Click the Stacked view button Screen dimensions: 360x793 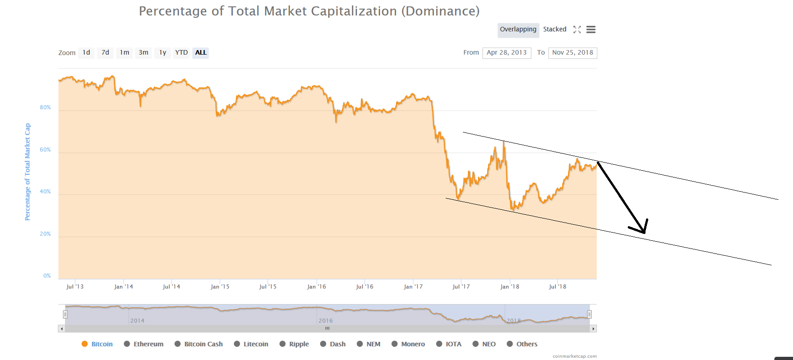coord(554,30)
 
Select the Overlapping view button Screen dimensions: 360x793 coord(518,30)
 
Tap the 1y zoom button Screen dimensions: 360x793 coord(163,53)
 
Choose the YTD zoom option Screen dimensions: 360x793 coord(182,53)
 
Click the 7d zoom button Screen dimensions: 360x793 coord(105,53)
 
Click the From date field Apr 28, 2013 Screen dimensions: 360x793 coord(507,53)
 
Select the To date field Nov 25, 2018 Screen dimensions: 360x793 coord(573,53)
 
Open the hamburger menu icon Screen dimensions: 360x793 coord(591,30)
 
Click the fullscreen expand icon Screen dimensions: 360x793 coord(577,30)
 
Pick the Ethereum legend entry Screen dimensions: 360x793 coord(148,344)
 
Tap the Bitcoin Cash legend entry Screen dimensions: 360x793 coord(203,344)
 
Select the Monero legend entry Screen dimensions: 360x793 coord(413,344)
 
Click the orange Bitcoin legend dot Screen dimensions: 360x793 coord(85,344)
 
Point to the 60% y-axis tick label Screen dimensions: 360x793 coord(45,150)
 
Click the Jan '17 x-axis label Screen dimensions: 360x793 coord(413,287)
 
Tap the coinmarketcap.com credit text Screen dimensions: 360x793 coord(574,356)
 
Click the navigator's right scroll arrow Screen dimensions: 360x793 coord(593,329)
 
